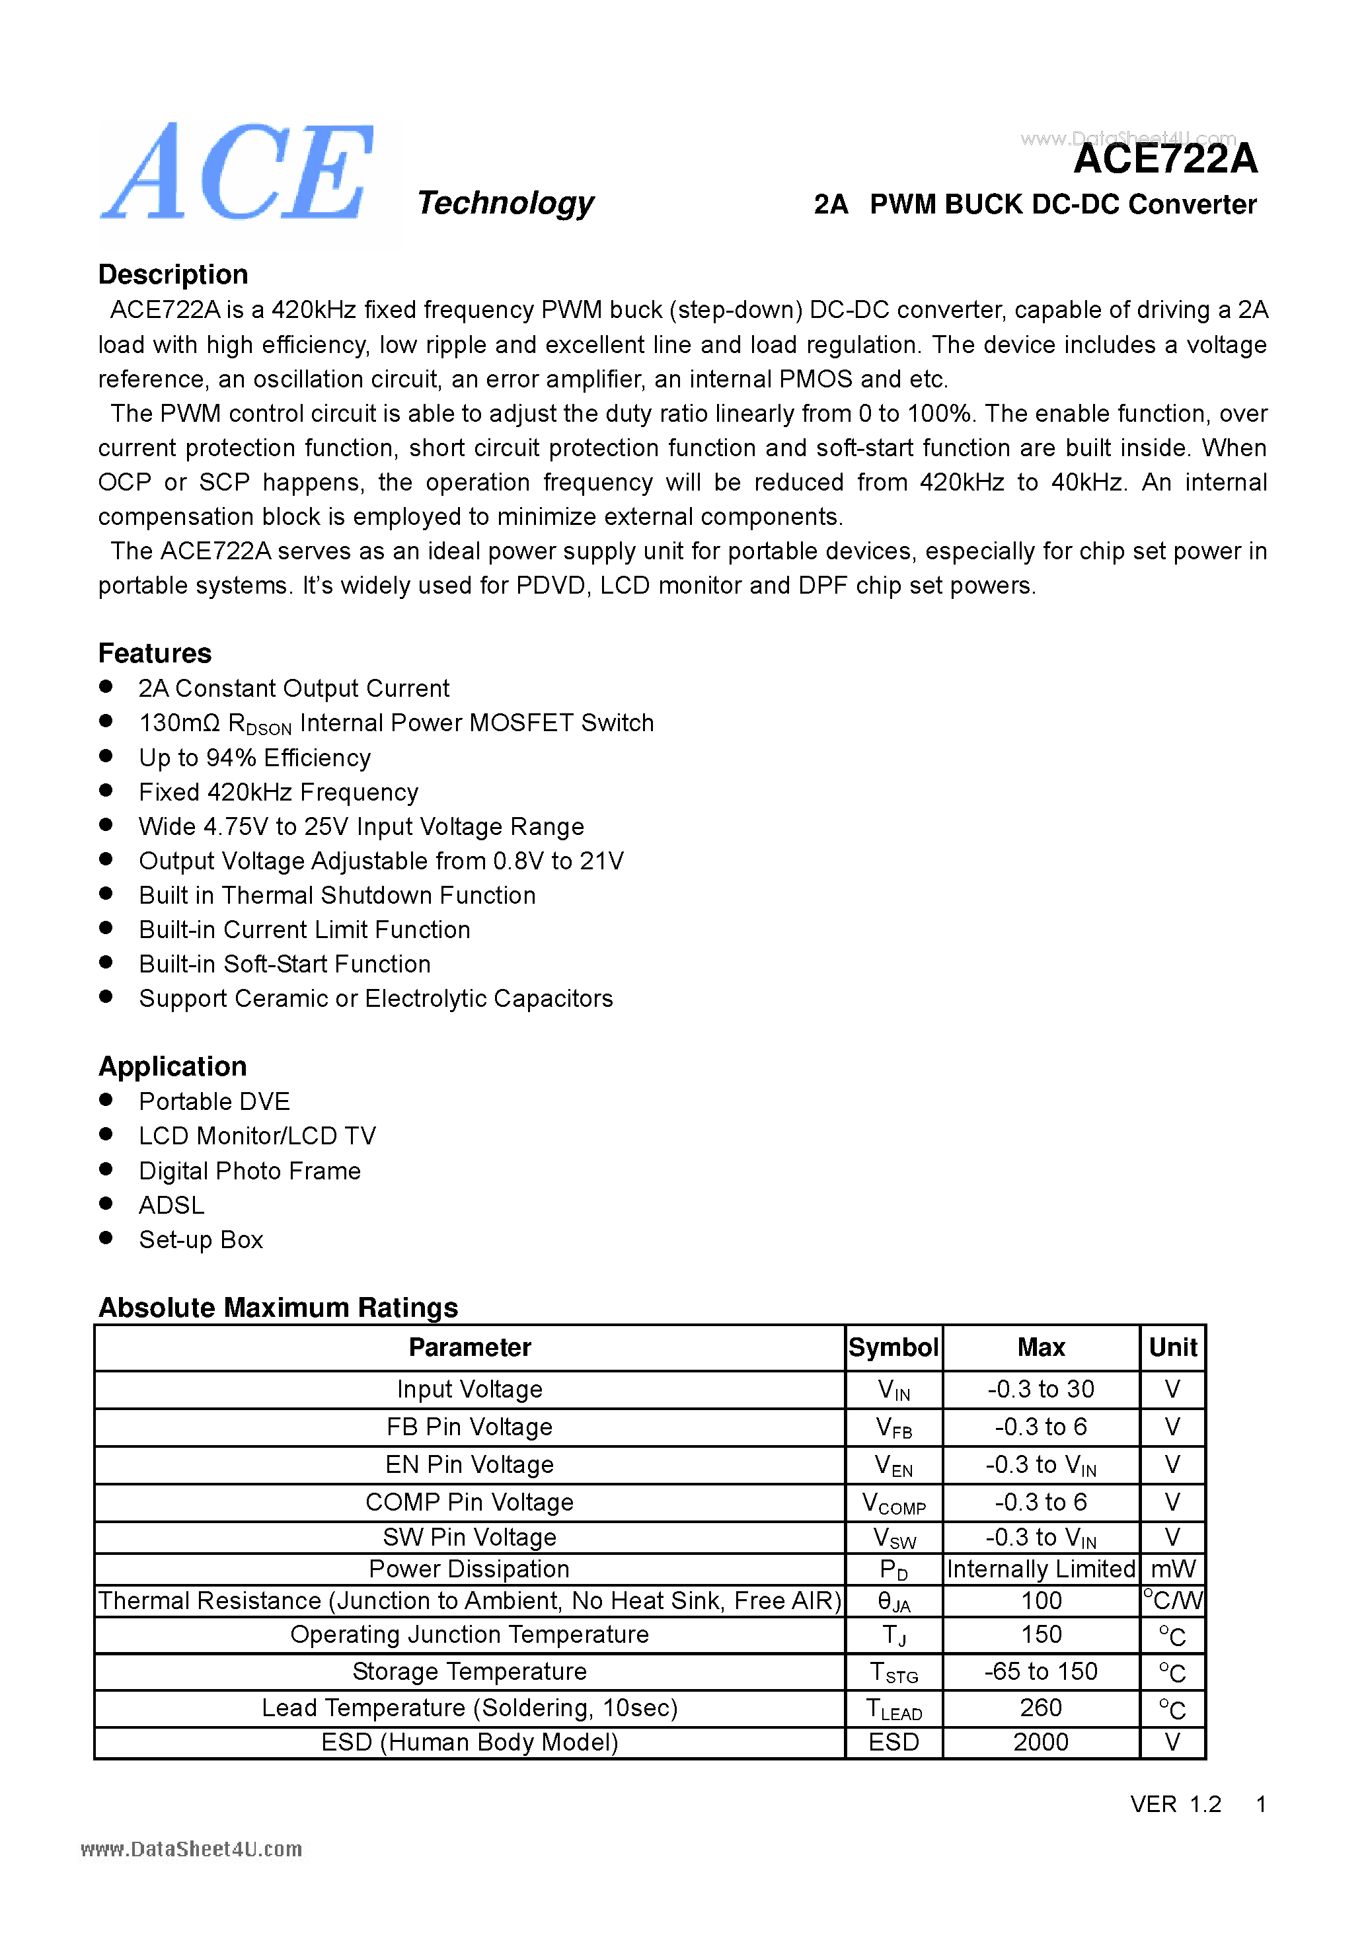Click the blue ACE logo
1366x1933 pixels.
[x=238, y=173]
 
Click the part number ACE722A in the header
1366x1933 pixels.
[x=1165, y=159]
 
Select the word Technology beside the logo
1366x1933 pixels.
[x=505, y=203]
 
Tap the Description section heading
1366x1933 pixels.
[x=172, y=274]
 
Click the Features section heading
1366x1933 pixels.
[x=155, y=653]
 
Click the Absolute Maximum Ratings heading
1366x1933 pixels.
[x=278, y=1307]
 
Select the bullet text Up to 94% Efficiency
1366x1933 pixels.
[x=254, y=758]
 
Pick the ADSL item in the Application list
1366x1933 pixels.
[x=171, y=1204]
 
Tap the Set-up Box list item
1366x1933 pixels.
[x=200, y=1240]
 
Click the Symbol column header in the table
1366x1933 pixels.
[x=893, y=1347]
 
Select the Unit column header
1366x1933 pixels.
[x=1172, y=1347]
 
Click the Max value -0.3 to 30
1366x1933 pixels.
[x=1040, y=1389]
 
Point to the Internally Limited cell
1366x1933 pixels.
[x=1040, y=1569]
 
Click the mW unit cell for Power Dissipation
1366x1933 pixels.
[x=1172, y=1569]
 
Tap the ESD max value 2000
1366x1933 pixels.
[x=1040, y=1742]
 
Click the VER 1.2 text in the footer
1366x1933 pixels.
[x=1175, y=1803]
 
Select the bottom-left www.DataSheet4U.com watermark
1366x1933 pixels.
[x=191, y=1849]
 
